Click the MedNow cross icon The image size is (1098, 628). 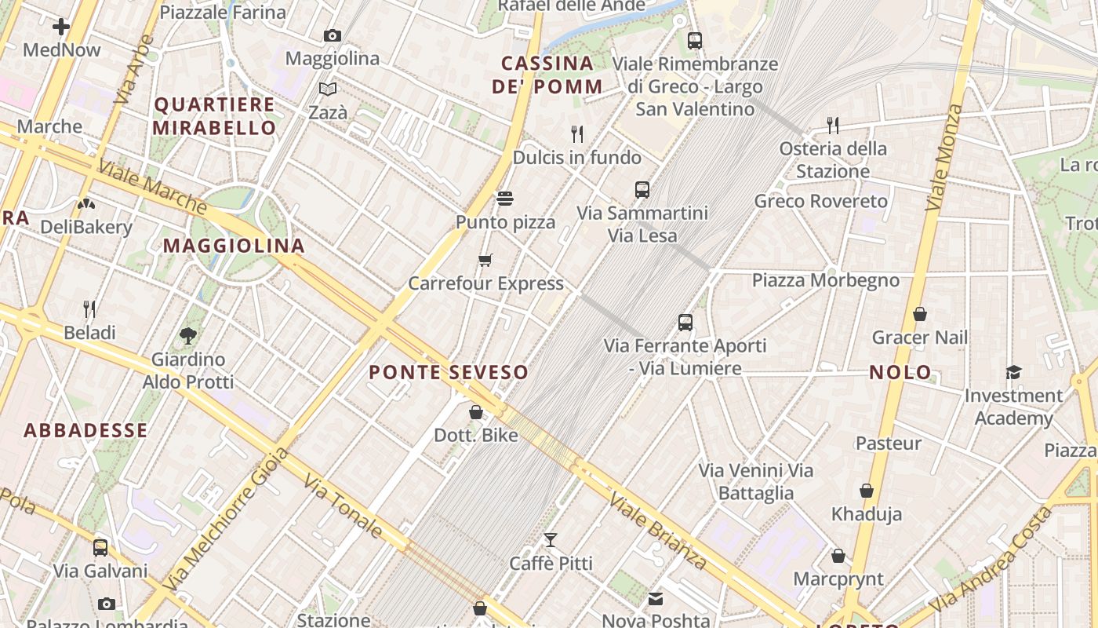[61, 27]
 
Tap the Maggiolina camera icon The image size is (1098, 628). [333, 35]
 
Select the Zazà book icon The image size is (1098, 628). [328, 89]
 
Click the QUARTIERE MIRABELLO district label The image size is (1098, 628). [214, 116]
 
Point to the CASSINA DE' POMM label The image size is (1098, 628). [547, 75]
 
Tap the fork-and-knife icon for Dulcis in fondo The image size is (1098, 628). [577, 133]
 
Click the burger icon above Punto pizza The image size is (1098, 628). [505, 199]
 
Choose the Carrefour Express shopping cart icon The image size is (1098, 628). [485, 260]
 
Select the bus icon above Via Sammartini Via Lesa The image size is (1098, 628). [642, 189]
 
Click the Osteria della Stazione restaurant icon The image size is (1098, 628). [833, 124]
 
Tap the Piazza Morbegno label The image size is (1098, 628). [826, 280]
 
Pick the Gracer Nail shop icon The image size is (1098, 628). [920, 314]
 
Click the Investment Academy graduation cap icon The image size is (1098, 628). [1014, 372]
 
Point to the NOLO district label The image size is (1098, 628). [901, 372]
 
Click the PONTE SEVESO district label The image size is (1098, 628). [449, 372]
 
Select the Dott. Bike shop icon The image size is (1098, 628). [476, 411]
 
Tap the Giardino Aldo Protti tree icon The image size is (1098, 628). [188, 336]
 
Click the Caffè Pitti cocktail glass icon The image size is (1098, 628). [551, 539]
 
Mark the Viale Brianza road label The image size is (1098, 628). [658, 531]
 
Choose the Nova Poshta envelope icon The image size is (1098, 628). [656, 599]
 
